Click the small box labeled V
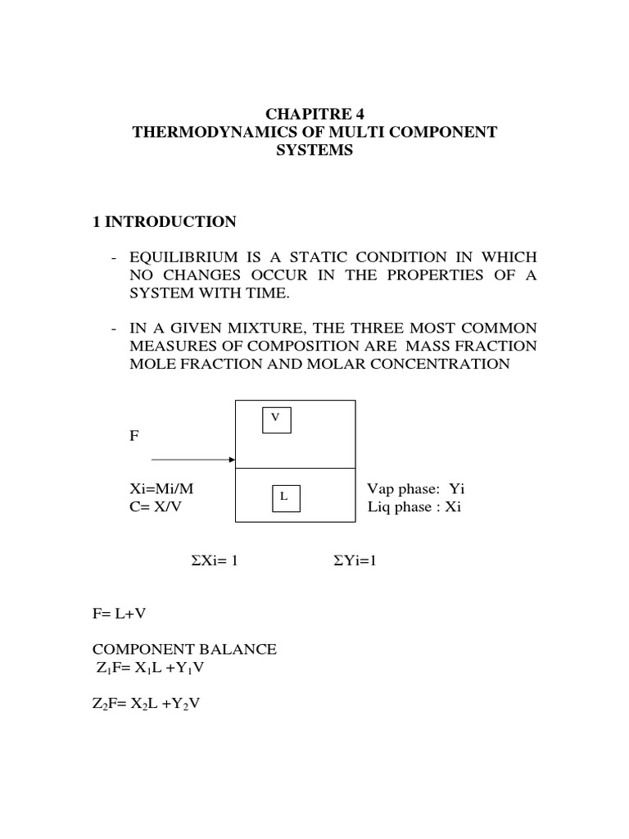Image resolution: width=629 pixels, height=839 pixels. pos(276,419)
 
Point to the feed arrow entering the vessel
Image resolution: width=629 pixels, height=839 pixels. pos(193,460)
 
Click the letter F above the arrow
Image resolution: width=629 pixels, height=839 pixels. pos(134,437)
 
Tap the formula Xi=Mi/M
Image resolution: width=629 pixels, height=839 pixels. pos(162,489)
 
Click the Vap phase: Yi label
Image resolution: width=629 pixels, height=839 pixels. pos(415,489)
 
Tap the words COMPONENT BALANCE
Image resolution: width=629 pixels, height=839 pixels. pos(186,650)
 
